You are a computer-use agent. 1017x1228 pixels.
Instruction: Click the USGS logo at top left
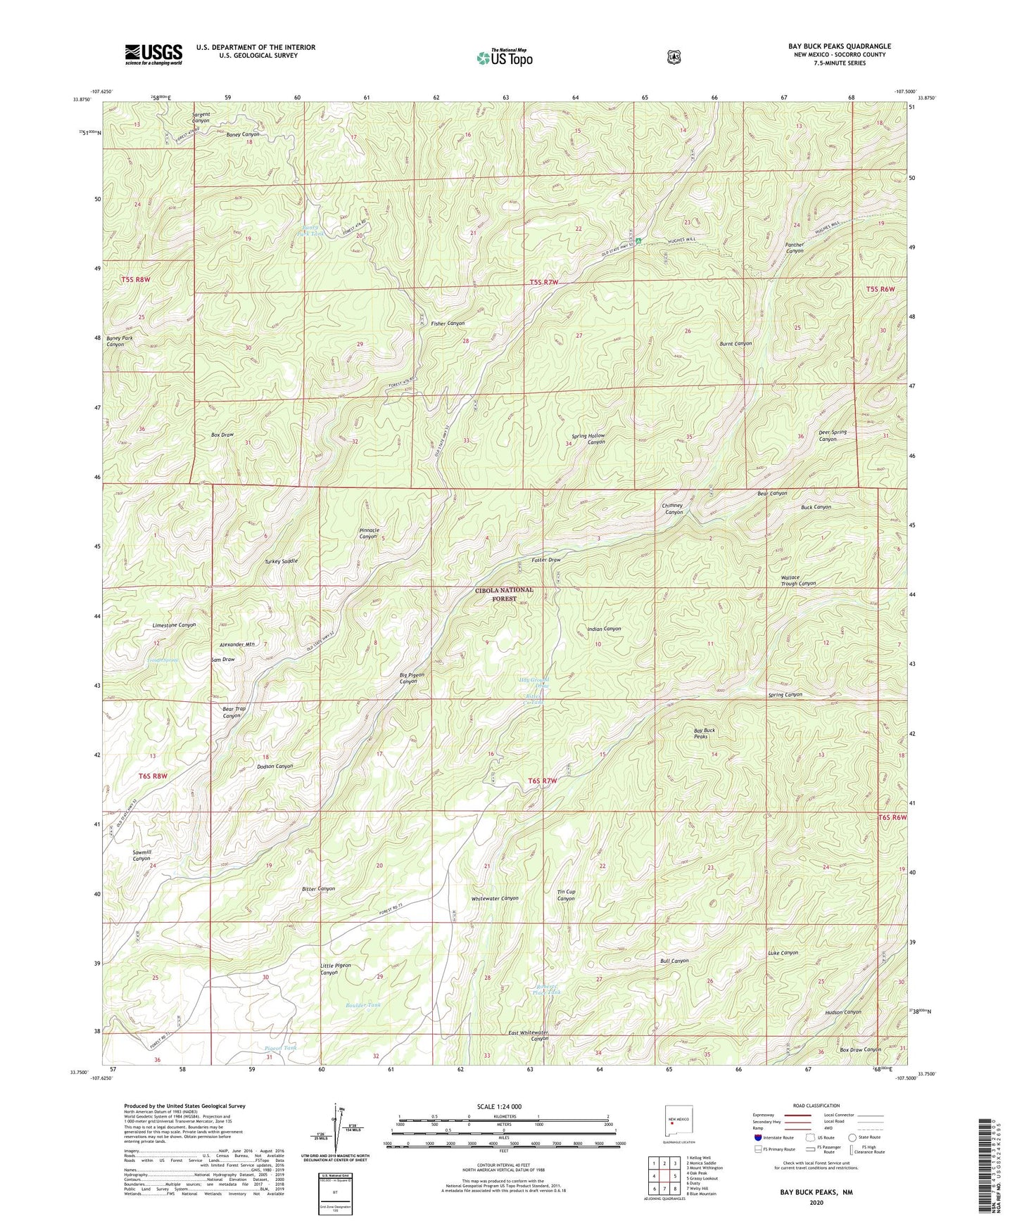point(153,54)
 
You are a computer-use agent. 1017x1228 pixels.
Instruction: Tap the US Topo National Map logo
point(503,57)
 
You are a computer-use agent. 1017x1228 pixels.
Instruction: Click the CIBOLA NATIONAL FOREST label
point(503,594)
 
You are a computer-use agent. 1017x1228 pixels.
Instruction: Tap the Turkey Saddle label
point(281,561)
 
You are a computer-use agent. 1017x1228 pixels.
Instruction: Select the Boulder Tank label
point(363,1005)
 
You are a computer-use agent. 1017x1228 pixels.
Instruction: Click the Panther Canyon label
point(795,248)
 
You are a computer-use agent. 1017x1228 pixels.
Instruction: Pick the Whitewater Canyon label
point(495,898)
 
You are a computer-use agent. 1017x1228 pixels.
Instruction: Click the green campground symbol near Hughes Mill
point(638,241)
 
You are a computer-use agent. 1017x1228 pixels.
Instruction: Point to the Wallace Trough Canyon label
point(798,580)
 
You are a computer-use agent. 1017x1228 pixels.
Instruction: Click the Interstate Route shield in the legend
point(757,1137)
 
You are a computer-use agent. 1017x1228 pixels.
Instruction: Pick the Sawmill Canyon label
point(141,855)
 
